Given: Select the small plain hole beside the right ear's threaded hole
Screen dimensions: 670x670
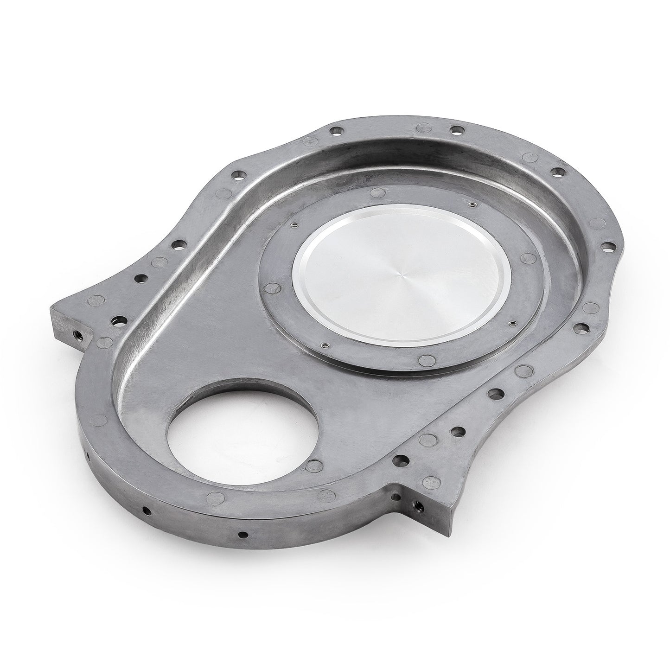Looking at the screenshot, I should pyautogui.click(x=395, y=497).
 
